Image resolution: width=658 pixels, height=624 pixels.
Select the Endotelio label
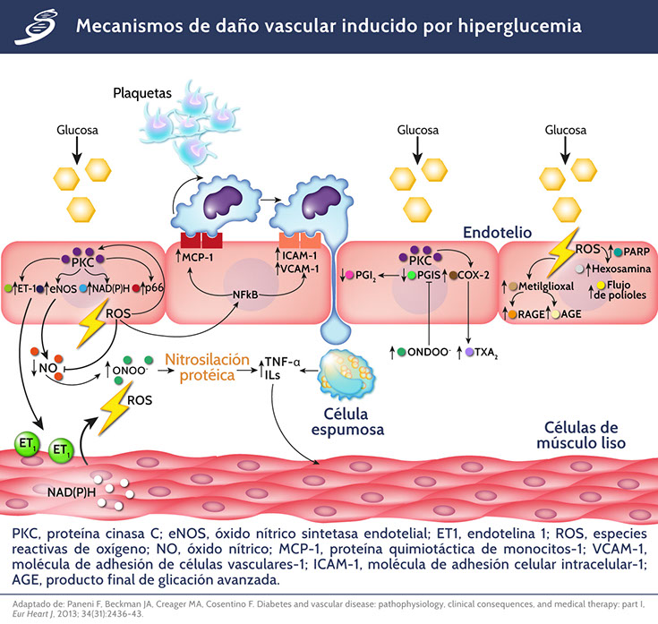[x=497, y=233]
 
